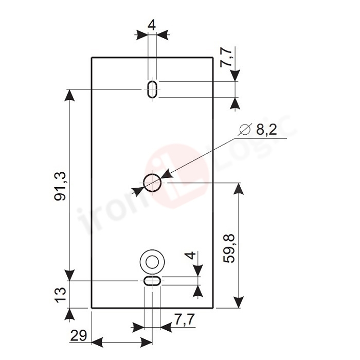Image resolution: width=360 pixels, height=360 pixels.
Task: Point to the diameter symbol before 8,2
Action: click(x=245, y=131)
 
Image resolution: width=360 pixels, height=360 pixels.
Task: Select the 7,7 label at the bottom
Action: click(x=183, y=320)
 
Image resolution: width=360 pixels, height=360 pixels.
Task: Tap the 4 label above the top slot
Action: click(x=151, y=24)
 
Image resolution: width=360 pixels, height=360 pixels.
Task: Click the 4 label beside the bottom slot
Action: click(x=190, y=256)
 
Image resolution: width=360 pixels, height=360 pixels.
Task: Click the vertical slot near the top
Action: click(x=152, y=89)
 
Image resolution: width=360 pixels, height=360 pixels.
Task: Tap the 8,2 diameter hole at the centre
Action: click(x=152, y=183)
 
